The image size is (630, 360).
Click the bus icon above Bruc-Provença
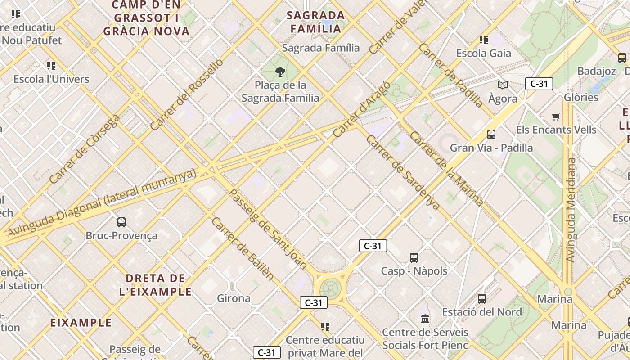tap(121, 222)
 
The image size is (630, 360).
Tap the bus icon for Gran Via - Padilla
tap(491, 134)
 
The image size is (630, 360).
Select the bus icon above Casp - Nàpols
tap(414, 258)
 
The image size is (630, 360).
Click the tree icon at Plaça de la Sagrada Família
tap(280, 72)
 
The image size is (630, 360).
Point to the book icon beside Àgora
tap(502, 85)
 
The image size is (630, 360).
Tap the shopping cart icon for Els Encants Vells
tap(556, 117)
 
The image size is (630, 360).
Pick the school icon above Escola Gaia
tap(484, 40)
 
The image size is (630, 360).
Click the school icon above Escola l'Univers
tap(51, 66)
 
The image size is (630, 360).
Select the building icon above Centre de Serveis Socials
tap(425, 319)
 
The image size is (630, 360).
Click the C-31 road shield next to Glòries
tap(539, 84)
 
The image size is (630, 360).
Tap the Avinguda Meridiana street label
tap(571, 210)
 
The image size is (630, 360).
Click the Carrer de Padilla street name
tap(450, 75)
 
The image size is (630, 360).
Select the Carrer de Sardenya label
tap(403, 172)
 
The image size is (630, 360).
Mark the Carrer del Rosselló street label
tap(187, 95)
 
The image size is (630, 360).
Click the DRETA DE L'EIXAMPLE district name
tap(156, 284)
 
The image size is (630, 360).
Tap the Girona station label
tap(234, 298)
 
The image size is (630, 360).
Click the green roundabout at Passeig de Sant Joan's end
tap(331, 288)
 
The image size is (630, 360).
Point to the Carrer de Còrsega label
tap(85, 149)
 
